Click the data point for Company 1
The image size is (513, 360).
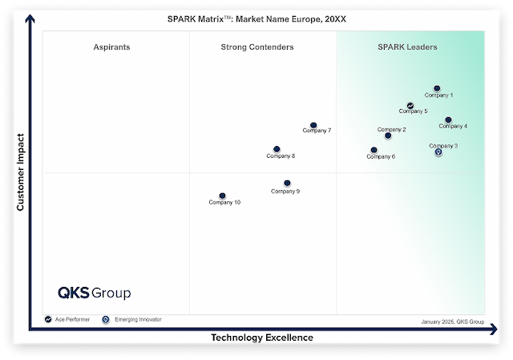click(x=437, y=88)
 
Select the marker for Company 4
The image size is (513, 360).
click(x=448, y=120)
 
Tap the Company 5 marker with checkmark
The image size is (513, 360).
click(x=410, y=106)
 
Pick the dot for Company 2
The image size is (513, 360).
click(x=388, y=136)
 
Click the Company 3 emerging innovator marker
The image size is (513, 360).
click(x=438, y=152)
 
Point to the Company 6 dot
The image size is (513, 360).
click(x=374, y=150)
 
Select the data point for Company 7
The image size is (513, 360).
click(x=313, y=125)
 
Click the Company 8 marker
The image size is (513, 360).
click(x=277, y=149)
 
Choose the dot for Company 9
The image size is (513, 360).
click(x=287, y=184)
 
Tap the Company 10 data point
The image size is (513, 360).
click(x=222, y=196)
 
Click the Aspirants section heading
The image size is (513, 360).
click(x=111, y=47)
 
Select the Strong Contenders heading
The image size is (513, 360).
click(x=257, y=47)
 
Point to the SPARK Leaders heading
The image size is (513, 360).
click(x=407, y=47)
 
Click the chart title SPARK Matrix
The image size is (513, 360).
click(x=256, y=18)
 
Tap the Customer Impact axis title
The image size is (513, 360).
click(x=21, y=172)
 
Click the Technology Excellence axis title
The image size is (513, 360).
click(x=262, y=338)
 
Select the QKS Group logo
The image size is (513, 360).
click(x=94, y=293)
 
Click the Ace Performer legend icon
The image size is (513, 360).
click(x=48, y=319)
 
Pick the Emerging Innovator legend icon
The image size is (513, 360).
click(x=106, y=319)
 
